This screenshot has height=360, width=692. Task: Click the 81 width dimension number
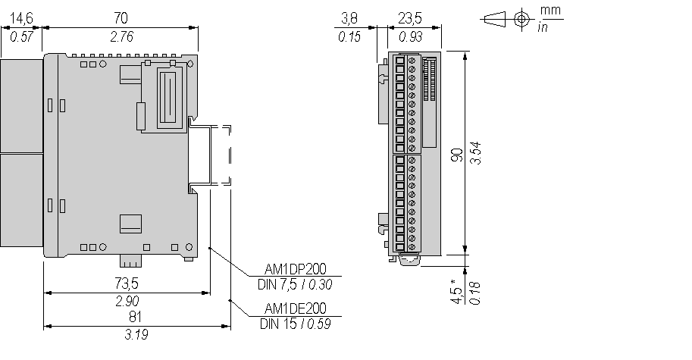[x=136, y=317]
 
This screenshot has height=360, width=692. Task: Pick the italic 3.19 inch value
[x=136, y=334]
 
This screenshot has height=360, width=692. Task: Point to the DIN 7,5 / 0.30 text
[x=296, y=284]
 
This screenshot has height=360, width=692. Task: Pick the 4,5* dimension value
[x=456, y=292]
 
